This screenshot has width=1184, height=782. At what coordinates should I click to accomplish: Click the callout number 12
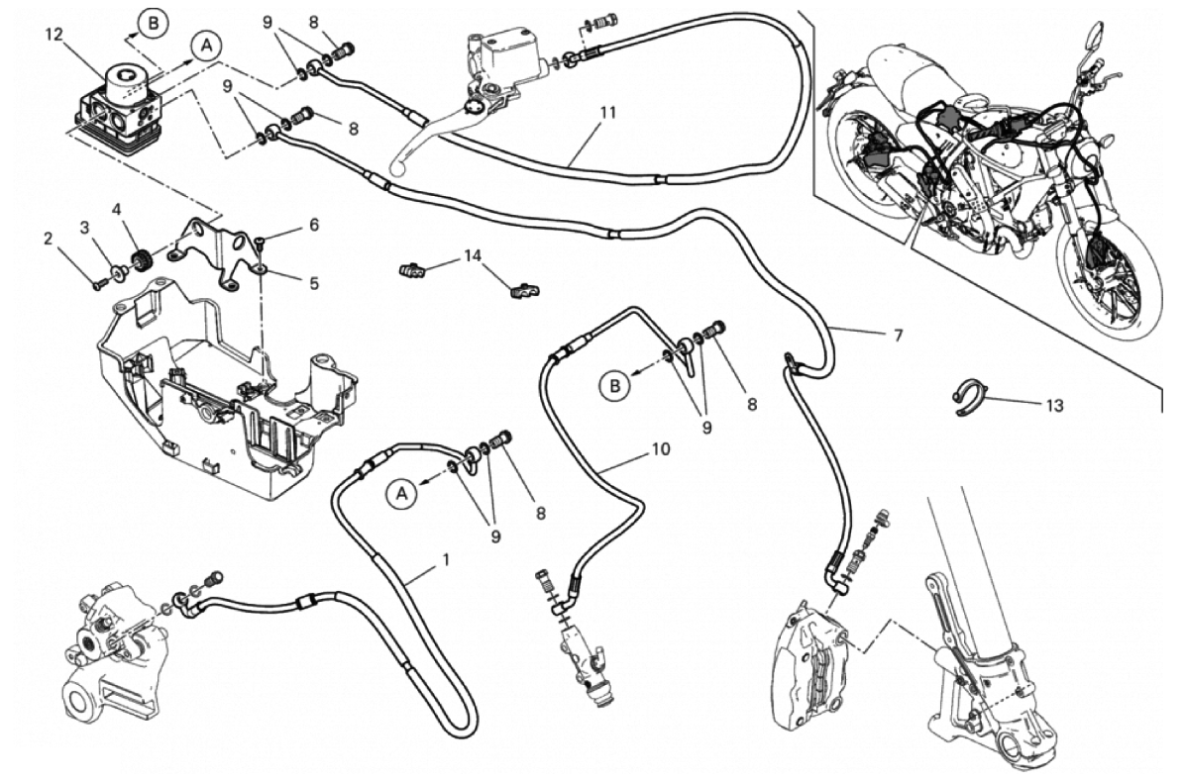[x=54, y=35]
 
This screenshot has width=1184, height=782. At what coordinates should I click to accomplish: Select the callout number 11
[x=607, y=112]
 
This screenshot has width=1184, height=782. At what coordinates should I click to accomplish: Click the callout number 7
[x=898, y=335]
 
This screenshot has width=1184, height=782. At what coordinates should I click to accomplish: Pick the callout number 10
[x=661, y=449]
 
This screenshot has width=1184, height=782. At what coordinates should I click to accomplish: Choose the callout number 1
[x=446, y=559]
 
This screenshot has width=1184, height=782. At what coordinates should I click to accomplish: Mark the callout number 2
[x=47, y=238]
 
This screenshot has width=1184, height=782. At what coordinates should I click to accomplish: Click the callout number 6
[x=313, y=225]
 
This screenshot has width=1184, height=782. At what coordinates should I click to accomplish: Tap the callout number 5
[x=313, y=283]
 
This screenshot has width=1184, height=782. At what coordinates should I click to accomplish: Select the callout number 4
[x=117, y=210]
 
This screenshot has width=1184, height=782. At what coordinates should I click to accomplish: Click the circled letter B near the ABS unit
[x=152, y=21]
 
